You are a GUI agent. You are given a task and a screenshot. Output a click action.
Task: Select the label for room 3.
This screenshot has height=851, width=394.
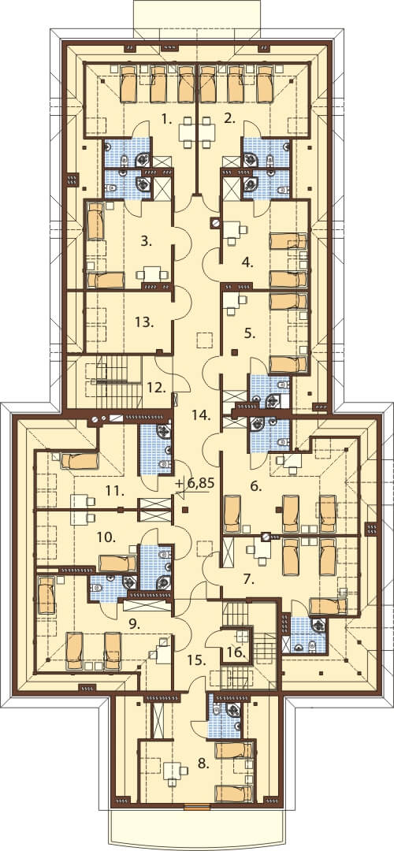point(146,241)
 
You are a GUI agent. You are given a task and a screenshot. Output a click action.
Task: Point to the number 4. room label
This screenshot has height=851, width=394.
point(247,263)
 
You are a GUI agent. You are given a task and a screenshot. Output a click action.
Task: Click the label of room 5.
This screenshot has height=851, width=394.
point(249,334)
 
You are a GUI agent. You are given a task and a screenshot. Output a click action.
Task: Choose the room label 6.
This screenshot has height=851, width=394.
point(256,487)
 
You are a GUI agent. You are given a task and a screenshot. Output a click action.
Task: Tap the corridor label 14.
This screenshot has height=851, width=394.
point(202,416)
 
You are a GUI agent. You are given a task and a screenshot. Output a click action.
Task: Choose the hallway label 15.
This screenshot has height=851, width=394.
point(196,660)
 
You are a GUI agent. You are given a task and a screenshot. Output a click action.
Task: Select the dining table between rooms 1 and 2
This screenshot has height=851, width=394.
point(197,132)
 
